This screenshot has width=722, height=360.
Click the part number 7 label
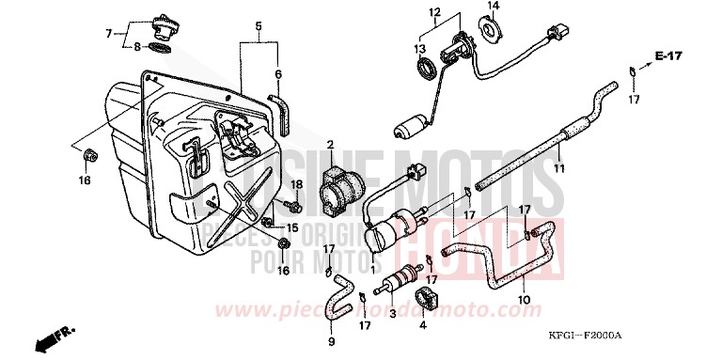click(x=109, y=33)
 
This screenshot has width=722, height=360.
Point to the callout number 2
click(x=330, y=144)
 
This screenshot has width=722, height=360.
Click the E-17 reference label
click(x=668, y=58)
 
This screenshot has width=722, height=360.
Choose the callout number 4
click(x=423, y=325)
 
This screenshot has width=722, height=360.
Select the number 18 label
click(x=295, y=183)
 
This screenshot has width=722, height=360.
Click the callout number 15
click(x=292, y=227)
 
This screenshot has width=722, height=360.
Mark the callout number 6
click(x=277, y=73)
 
